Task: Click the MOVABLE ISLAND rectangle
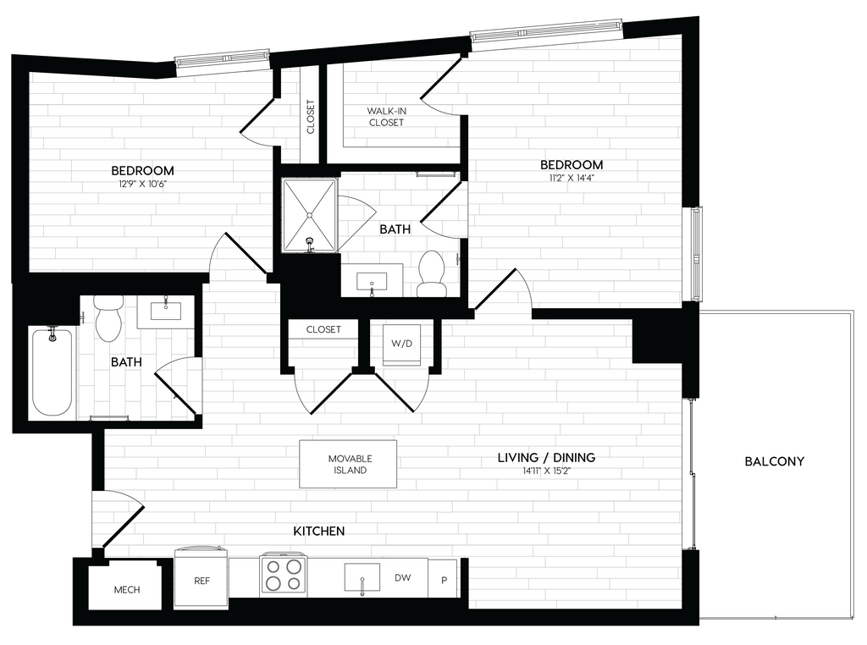[x=348, y=464]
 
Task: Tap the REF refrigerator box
[x=202, y=578]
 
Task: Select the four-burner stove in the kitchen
[x=282, y=575]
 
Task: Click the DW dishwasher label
[x=402, y=577]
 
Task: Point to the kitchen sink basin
[x=362, y=577]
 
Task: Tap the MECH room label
[x=127, y=590]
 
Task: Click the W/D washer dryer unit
[x=402, y=344]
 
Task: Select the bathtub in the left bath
[x=53, y=372]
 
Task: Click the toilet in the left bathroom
[x=109, y=319]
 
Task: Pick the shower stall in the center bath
[x=309, y=215]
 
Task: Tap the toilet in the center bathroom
[x=432, y=274]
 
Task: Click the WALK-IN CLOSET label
[x=386, y=117]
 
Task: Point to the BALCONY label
[x=774, y=461]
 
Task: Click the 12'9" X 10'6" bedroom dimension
[x=142, y=184]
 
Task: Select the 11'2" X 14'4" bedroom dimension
[x=572, y=178]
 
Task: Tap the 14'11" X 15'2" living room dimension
[x=546, y=471]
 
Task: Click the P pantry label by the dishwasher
[x=444, y=581]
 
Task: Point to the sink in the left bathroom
[x=165, y=312]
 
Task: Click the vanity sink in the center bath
[x=372, y=282]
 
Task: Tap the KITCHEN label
[x=318, y=531]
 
